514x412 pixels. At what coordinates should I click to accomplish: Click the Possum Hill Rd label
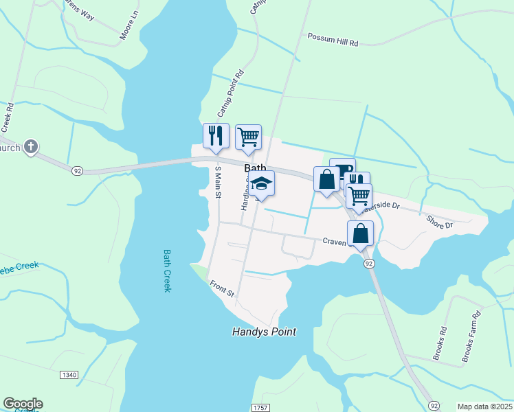pyautogui.click(x=333, y=39)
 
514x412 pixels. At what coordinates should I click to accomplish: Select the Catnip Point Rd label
pyautogui.click(x=231, y=92)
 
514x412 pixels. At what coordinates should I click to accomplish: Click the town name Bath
pyautogui.click(x=255, y=168)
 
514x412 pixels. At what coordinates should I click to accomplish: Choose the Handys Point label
pyautogui.click(x=264, y=332)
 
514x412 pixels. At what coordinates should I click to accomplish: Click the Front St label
pyautogui.click(x=223, y=290)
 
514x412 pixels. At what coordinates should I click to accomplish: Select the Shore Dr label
pyautogui.click(x=439, y=222)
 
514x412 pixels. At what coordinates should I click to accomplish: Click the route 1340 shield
pyautogui.click(x=69, y=375)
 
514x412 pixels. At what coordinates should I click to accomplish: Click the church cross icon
pyautogui.click(x=30, y=146)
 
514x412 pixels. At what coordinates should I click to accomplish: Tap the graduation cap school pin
pyautogui.click(x=261, y=183)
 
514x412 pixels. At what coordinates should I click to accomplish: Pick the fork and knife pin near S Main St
pyautogui.click(x=216, y=135)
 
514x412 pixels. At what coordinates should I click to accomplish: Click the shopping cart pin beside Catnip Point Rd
pyautogui.click(x=248, y=136)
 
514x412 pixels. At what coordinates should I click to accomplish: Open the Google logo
pyautogui.click(x=23, y=404)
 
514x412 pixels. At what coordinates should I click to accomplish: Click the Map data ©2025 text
pyautogui.click(x=484, y=407)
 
